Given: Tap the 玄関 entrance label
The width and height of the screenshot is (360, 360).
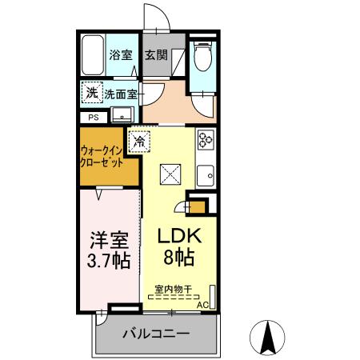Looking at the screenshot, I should point(156,55).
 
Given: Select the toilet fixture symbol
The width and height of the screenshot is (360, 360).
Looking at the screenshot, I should point(203,57).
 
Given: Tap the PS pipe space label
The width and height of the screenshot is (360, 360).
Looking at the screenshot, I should point(93,117).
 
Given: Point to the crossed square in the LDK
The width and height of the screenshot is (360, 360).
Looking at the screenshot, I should point(170,173).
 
